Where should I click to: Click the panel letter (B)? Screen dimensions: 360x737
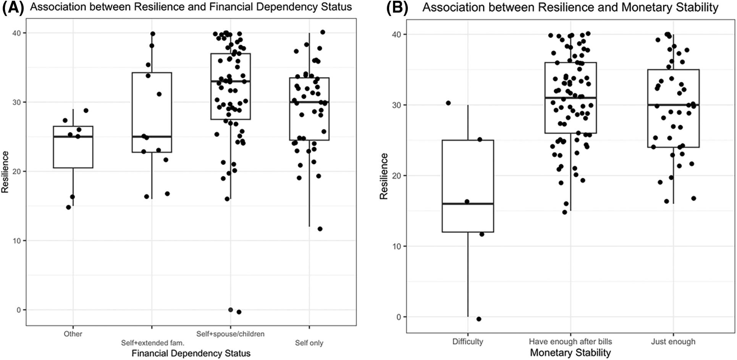[398, 8]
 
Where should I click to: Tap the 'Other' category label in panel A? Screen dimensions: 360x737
[73, 334]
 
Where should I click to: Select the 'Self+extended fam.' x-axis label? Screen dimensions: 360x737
[152, 343]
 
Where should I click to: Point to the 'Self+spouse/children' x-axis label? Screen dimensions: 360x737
[230, 334]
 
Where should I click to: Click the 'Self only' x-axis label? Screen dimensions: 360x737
[309, 343]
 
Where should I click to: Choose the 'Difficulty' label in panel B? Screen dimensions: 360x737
[467, 342]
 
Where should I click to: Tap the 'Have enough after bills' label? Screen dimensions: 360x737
[570, 342]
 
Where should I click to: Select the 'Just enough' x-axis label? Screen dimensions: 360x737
[673, 342]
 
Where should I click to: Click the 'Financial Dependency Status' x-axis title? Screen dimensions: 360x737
[191, 354]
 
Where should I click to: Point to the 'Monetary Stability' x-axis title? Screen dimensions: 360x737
[570, 353]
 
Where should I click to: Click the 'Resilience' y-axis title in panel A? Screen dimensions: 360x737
[5, 172]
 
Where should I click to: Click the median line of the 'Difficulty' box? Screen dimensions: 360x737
[467, 204]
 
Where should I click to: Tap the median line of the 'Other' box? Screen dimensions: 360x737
[73, 137]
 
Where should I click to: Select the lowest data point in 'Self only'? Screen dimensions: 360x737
[320, 229]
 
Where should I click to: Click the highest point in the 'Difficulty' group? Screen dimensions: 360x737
[448, 103]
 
